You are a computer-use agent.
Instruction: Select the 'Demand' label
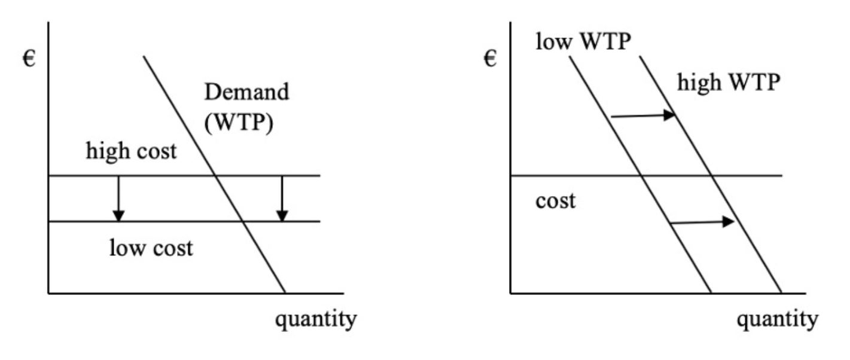[246, 92]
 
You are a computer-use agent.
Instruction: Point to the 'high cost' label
[132, 151]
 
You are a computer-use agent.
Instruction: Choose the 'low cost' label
[151, 246]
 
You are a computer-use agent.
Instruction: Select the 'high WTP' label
[729, 83]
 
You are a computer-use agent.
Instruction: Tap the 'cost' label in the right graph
[556, 200]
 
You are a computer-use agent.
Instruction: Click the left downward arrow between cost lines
[118, 199]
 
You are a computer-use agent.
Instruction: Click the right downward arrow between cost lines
[283, 199]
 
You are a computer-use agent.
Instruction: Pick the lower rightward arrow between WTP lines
[701, 222]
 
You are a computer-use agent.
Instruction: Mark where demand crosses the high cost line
[215, 176]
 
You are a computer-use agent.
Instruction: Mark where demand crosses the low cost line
[242, 222]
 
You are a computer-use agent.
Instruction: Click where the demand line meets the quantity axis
[285, 294]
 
